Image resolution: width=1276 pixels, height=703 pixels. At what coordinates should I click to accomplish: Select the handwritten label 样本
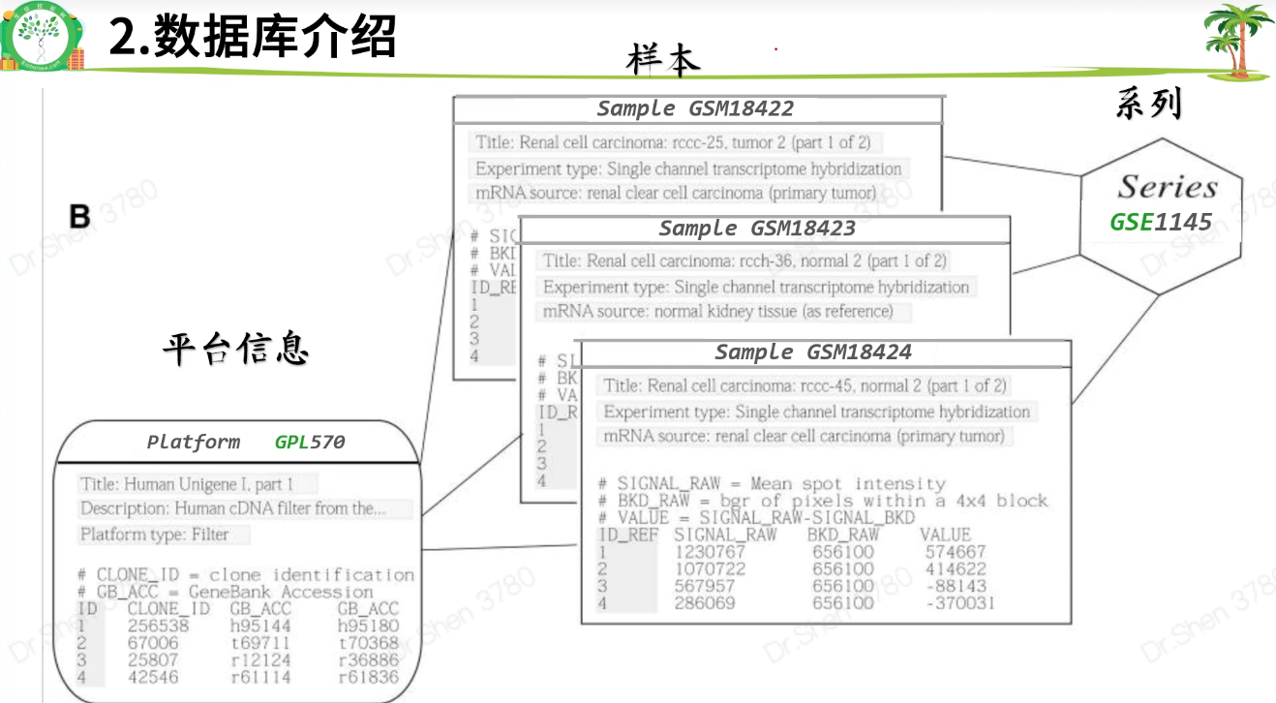[x=663, y=60]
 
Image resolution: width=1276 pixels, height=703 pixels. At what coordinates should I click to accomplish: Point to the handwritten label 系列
[x=1149, y=102]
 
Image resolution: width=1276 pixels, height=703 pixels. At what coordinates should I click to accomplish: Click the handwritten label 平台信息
[x=235, y=349]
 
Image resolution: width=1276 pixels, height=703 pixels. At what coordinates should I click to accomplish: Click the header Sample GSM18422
[x=695, y=108]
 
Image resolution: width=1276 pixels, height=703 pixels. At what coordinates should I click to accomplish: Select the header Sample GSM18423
[x=757, y=229]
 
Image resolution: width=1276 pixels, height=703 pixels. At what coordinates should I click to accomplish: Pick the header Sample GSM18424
[x=813, y=351]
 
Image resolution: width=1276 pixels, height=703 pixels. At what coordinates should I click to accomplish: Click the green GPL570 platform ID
[x=310, y=443]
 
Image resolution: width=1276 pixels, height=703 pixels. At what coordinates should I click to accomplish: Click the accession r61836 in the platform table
[x=368, y=678]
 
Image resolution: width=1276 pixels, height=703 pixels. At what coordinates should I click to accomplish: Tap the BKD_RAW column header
[x=842, y=535]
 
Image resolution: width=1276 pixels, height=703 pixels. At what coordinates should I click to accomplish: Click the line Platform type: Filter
[x=155, y=535]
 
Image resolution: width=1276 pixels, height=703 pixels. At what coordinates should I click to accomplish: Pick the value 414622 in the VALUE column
[x=955, y=569]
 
